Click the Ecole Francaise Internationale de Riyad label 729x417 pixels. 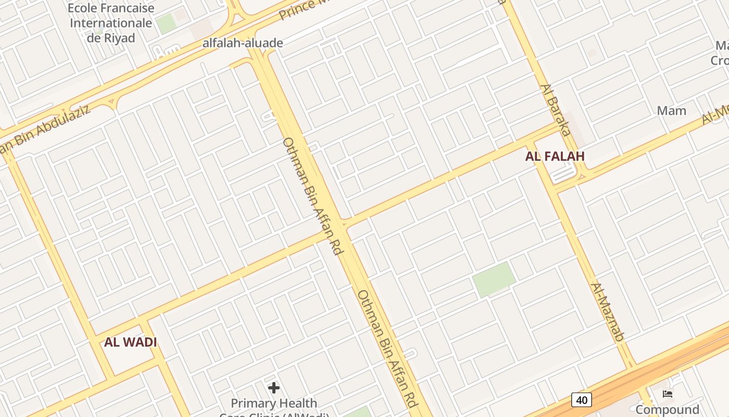pyautogui.click(x=111, y=23)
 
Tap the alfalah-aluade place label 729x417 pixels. pyautogui.click(x=243, y=43)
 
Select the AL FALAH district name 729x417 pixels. pyautogui.click(x=555, y=156)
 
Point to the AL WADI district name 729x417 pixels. pyautogui.click(x=130, y=342)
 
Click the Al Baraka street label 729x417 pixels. pyautogui.click(x=556, y=109)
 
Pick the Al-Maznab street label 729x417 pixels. pyautogui.click(x=607, y=312)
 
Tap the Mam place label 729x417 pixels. pyautogui.click(x=671, y=111)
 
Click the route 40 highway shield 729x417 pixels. pyautogui.click(x=581, y=400)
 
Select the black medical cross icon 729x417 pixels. pyautogui.click(x=273, y=388)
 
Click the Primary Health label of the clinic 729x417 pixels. pyautogui.click(x=273, y=403)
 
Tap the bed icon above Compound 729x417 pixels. pyautogui.click(x=668, y=394)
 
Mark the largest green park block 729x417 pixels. pyautogui.click(x=494, y=279)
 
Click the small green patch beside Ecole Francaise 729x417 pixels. pyautogui.click(x=166, y=23)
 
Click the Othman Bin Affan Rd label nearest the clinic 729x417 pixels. pyautogui.click(x=387, y=349)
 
